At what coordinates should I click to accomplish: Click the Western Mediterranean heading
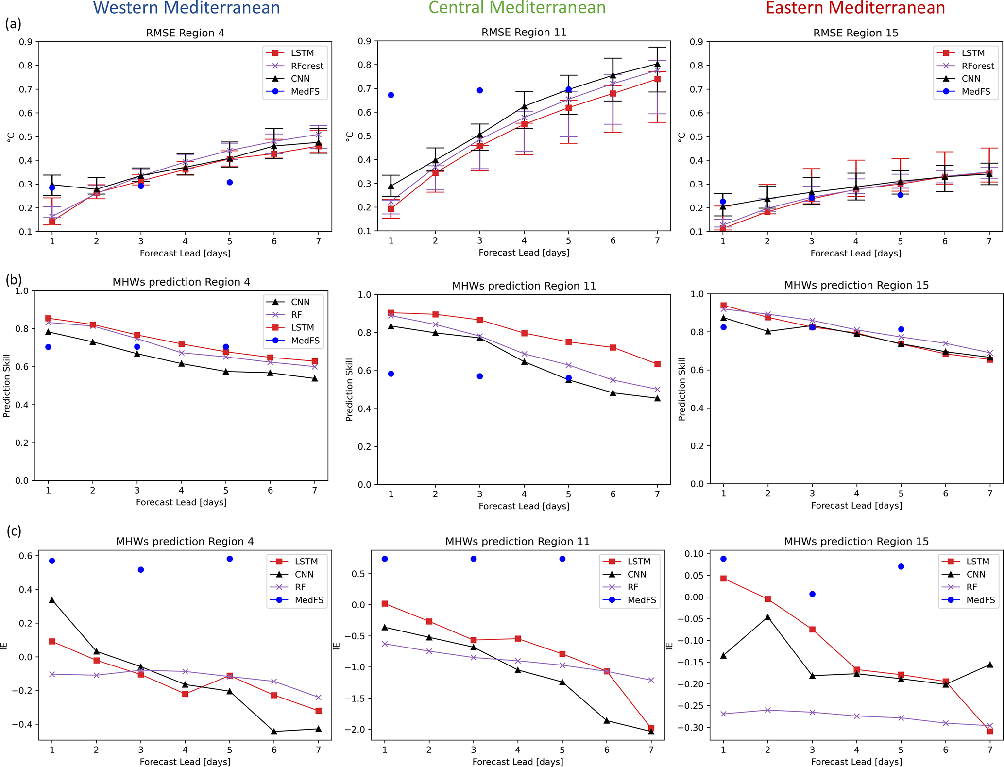pyautogui.click(x=187, y=8)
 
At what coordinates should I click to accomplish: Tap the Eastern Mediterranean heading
pyautogui.click(x=855, y=8)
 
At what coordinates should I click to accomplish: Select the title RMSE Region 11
pyautogui.click(x=524, y=32)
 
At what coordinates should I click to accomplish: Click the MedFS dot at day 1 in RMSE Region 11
pyautogui.click(x=391, y=95)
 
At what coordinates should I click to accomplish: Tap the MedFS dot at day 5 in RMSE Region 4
pyautogui.click(x=230, y=182)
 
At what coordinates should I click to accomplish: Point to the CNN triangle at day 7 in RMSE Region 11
pyautogui.click(x=657, y=64)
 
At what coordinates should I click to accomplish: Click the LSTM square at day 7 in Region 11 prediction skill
pyautogui.click(x=657, y=364)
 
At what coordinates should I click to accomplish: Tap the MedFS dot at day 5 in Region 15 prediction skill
pyautogui.click(x=901, y=329)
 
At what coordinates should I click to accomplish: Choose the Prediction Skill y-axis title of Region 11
pyautogui.click(x=349, y=390)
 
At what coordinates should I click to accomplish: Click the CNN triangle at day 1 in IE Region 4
pyautogui.click(x=52, y=600)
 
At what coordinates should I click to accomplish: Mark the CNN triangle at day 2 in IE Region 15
pyautogui.click(x=768, y=617)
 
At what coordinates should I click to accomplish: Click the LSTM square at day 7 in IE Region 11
pyautogui.click(x=651, y=728)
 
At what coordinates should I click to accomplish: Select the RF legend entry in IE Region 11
pyautogui.click(x=632, y=587)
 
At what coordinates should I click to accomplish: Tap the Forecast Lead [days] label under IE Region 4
pyautogui.click(x=185, y=761)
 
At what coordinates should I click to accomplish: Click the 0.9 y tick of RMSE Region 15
pyautogui.click(x=696, y=42)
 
